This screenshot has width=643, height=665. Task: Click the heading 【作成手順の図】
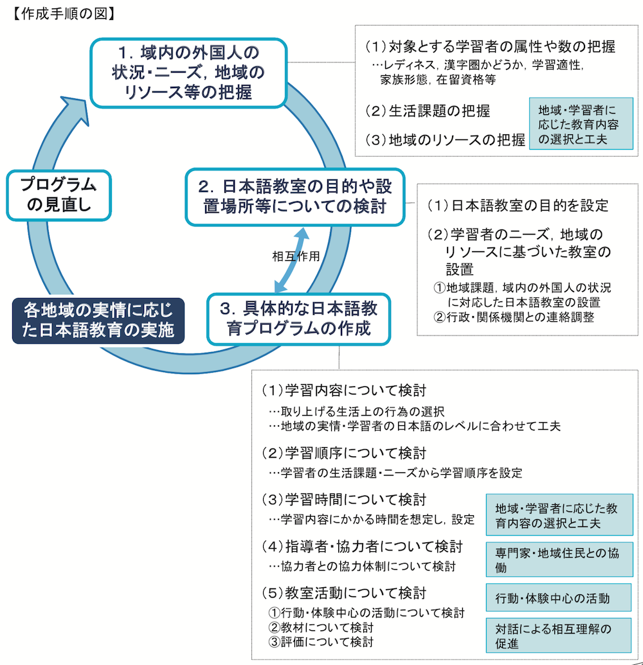pyautogui.click(x=63, y=13)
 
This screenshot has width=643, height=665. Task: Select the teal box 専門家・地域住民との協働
pyautogui.click(x=559, y=560)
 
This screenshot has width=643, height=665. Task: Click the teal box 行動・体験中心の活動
pyautogui.click(x=559, y=598)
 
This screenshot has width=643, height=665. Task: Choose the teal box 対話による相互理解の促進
pyautogui.click(x=559, y=635)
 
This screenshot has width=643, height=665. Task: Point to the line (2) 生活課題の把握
pyautogui.click(x=428, y=111)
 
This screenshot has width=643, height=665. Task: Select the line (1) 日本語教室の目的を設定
pyautogui.click(x=518, y=206)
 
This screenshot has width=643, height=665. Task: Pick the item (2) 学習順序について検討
pyautogui.click(x=344, y=454)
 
